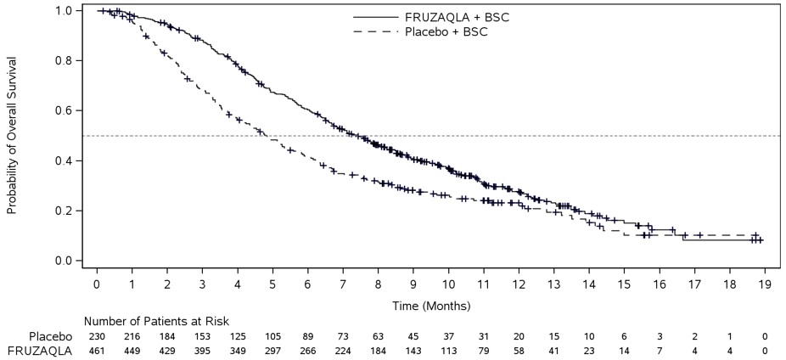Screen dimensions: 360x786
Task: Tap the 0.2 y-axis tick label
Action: [63, 211]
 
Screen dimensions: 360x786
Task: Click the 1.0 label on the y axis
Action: [63, 11]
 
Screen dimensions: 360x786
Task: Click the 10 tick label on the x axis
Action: [447, 287]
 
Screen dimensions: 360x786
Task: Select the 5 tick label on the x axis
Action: [272, 287]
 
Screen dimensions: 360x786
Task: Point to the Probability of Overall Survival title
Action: [13, 136]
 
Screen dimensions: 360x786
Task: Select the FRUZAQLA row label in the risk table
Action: [40, 350]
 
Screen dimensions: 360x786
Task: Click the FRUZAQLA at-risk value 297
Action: [272, 350]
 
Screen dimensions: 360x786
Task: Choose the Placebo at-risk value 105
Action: [272, 336]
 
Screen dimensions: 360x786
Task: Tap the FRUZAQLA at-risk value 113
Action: [447, 350]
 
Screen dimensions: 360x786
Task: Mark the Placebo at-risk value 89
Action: [307, 336]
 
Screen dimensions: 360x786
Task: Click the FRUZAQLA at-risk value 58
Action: [518, 350]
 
